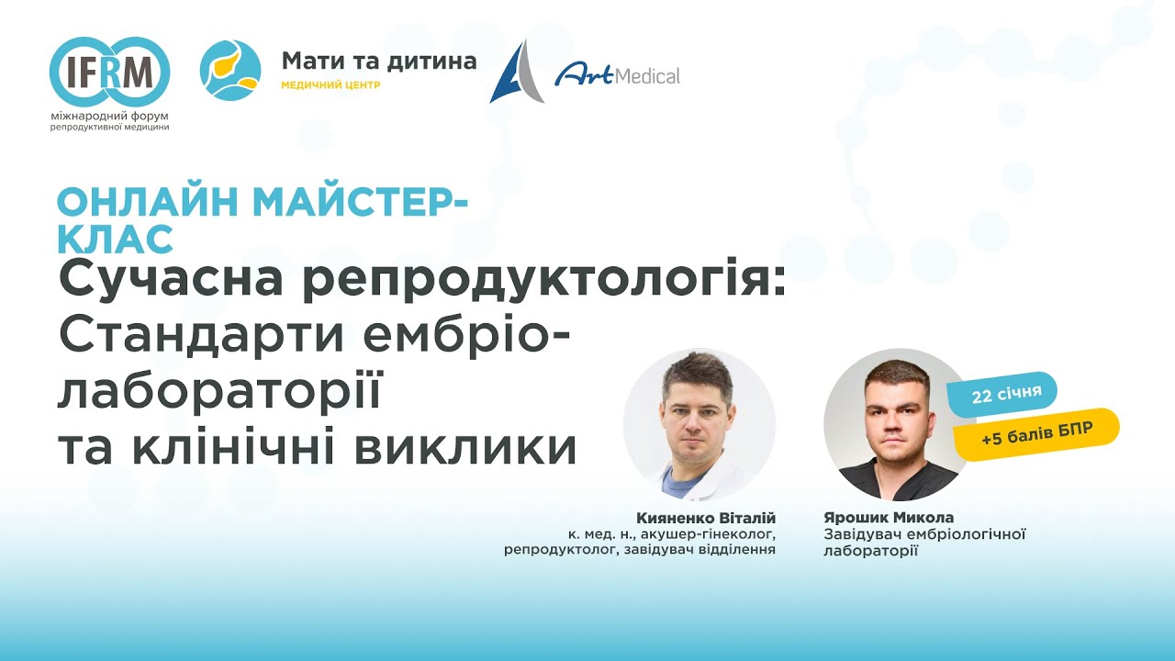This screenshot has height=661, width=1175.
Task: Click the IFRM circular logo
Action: tap(110, 71)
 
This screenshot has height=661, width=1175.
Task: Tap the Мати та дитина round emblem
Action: tap(230, 71)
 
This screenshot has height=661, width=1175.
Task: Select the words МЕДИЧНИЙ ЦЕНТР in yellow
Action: tap(330, 85)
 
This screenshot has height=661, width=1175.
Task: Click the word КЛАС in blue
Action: tap(116, 239)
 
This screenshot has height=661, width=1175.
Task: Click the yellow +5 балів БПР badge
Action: tap(1036, 436)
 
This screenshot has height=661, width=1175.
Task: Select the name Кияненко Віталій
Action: tap(706, 518)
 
